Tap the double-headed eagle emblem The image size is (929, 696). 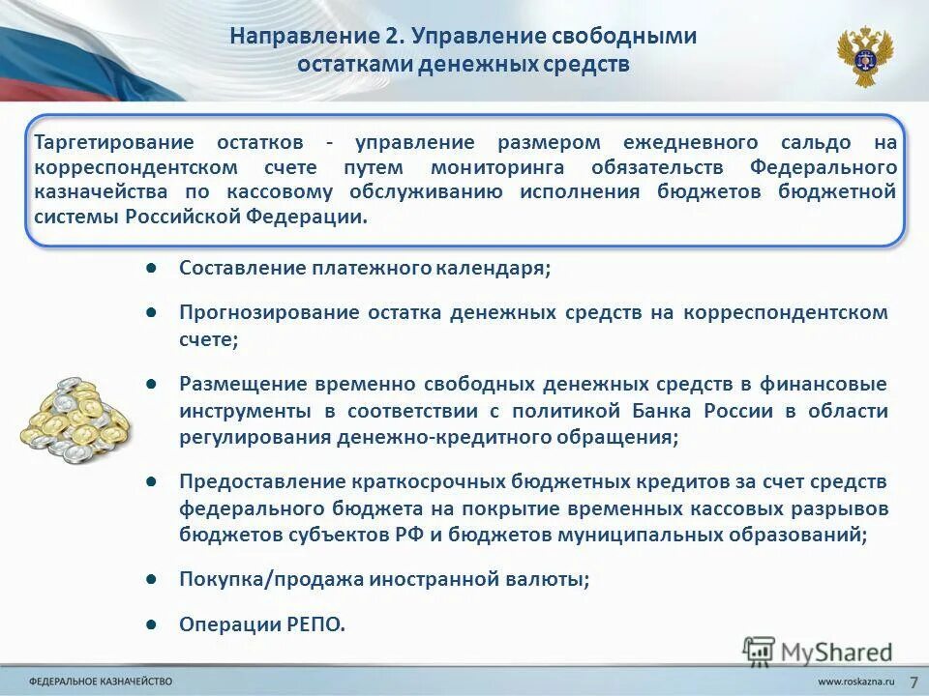[x=864, y=56]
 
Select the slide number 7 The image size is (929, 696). [x=913, y=681]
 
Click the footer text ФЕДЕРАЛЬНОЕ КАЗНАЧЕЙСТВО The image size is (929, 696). [x=101, y=682]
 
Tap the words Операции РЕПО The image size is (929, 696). [x=262, y=624]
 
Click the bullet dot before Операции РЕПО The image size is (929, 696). [x=152, y=623]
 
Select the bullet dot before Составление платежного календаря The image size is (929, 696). [x=152, y=267]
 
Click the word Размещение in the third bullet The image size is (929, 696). [x=228, y=384]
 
